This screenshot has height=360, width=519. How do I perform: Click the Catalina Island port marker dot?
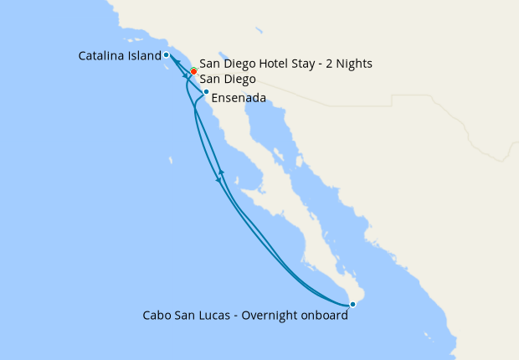click(167, 55)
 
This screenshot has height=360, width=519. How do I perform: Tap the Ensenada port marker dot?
click(206, 91)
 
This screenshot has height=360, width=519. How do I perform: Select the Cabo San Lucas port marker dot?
click(352, 304)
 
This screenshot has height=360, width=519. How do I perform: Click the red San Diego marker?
click(193, 70)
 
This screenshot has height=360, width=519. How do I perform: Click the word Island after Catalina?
click(143, 56)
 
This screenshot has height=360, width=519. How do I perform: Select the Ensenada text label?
click(239, 98)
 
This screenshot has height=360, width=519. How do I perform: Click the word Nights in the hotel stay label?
click(354, 64)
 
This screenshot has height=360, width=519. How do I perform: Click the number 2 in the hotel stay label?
click(332, 64)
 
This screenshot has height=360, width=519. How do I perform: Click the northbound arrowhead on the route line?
click(221, 172)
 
